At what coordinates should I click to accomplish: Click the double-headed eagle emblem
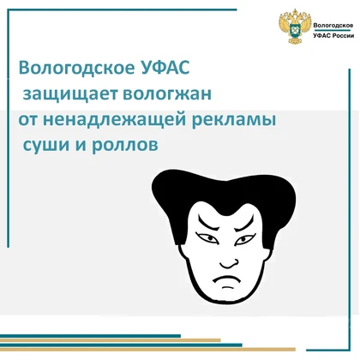coord(295,27)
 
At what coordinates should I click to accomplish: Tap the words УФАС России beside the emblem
coord(333,36)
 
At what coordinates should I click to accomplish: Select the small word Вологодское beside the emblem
coord(333,25)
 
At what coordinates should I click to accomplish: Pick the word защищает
coord(70,94)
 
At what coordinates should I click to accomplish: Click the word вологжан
coord(167,93)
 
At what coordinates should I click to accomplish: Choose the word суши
coord(46,145)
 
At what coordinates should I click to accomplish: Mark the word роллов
coord(124,145)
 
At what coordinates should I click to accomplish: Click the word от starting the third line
coord(28,121)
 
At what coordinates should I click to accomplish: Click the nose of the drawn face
coord(229,263)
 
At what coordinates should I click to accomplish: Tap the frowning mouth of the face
coord(225,280)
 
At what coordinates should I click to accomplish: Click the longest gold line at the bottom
coord(147,349)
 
